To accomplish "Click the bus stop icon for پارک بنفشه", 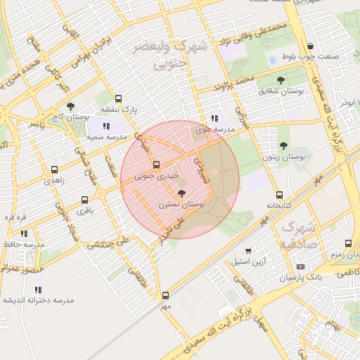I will [118, 99].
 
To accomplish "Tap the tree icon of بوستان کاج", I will [70, 106].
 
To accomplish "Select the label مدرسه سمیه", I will [108, 137].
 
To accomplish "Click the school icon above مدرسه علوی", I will [214, 118].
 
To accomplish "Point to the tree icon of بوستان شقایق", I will [282, 80].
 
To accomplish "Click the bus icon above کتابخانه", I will [280, 195].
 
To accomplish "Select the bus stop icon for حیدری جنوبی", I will [156, 165].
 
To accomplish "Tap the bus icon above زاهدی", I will [55, 170].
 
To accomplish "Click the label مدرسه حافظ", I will [25, 244].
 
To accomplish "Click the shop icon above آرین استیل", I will [248, 251].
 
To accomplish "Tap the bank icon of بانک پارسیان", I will [300, 267].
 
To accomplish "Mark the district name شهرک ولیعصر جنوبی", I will [173, 56].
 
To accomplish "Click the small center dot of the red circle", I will [222, 172].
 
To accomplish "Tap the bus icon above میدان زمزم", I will [348, 243].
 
